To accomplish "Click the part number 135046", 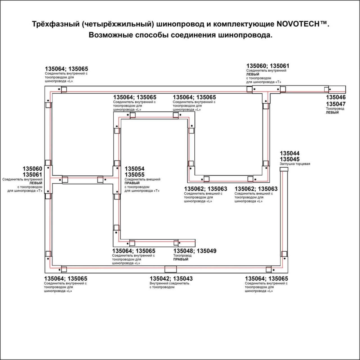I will [336, 97].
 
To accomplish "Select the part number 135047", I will [336, 104].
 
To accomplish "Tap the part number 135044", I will [290, 153].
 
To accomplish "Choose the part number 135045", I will [290, 159].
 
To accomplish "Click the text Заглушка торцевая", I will [295, 164].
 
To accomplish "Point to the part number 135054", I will [134, 169].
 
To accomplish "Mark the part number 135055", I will [134, 175].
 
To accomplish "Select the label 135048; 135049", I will [195, 251].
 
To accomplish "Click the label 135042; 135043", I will [171, 279].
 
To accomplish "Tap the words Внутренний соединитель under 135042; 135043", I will [169, 283].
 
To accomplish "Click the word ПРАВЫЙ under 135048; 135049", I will [181, 259].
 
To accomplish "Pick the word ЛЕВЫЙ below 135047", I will [332, 112].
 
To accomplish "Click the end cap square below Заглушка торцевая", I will [284, 169].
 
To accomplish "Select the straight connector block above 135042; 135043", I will [170, 269].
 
